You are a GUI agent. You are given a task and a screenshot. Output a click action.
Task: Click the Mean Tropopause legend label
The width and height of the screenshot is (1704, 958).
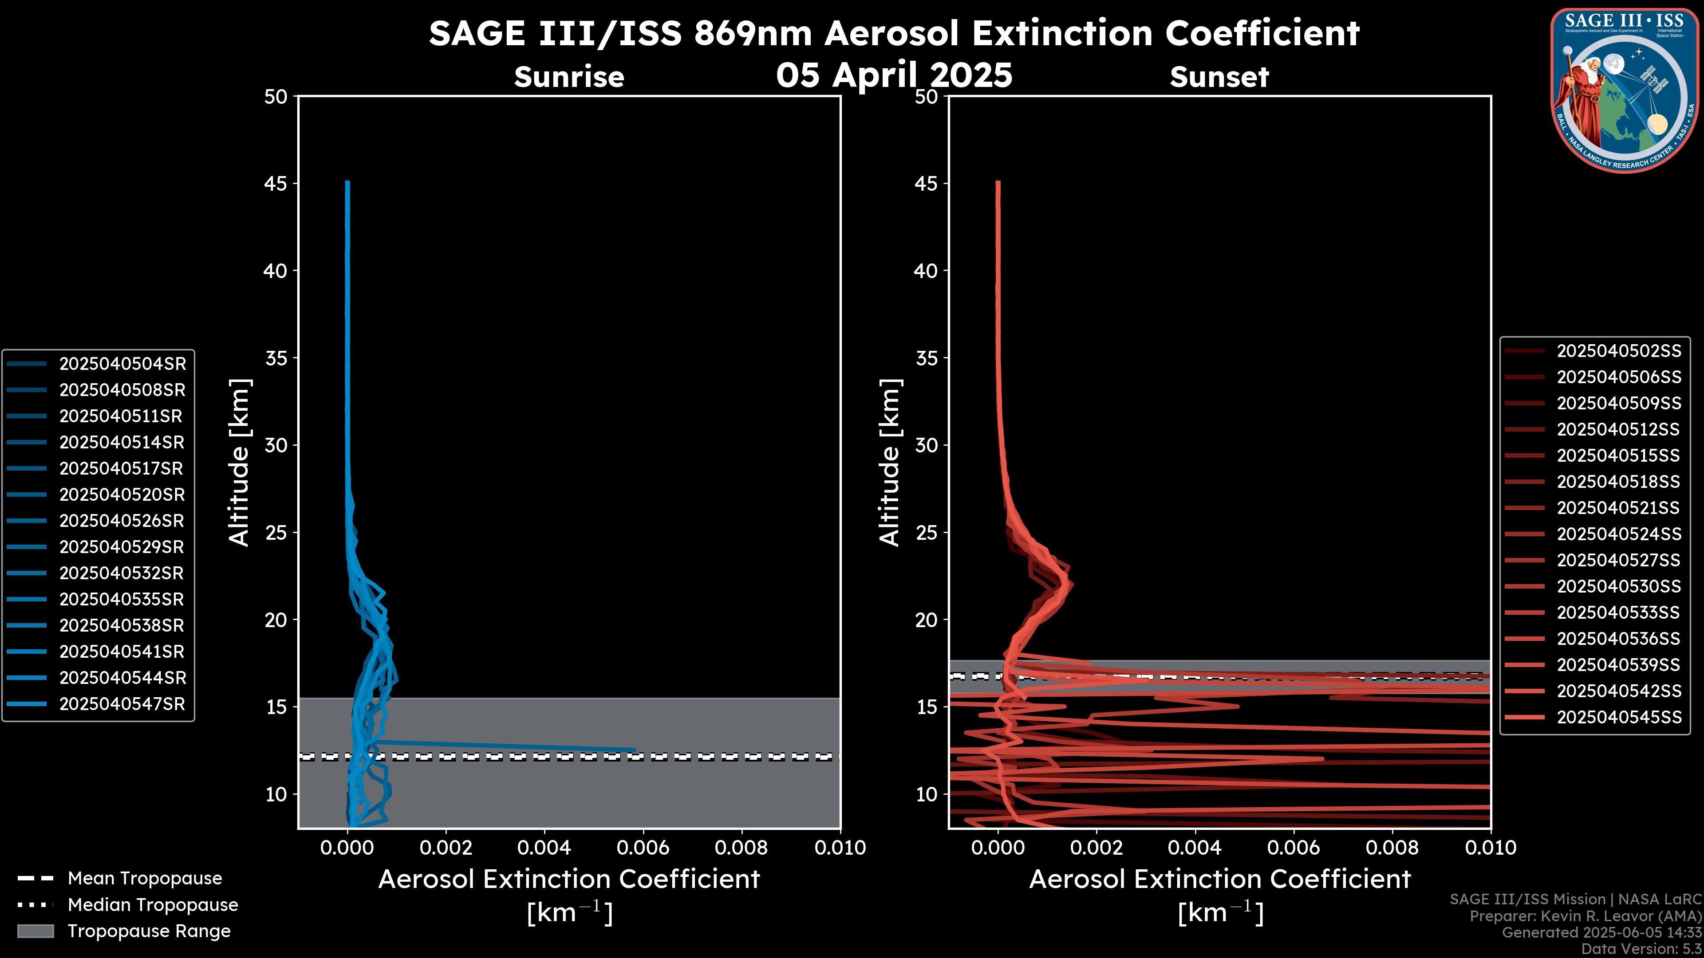coord(145,878)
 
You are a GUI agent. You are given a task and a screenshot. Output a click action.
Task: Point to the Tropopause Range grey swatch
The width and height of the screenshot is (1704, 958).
coord(35,931)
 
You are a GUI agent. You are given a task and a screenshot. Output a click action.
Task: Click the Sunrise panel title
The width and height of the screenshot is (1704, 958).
coord(569,77)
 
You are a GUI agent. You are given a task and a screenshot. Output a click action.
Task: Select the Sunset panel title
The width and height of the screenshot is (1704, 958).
coord(1219,77)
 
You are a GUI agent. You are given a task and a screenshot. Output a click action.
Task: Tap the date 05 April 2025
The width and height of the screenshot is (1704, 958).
coord(894,74)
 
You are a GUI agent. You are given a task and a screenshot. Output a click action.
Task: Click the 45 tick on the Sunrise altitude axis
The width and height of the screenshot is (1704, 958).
coord(276,183)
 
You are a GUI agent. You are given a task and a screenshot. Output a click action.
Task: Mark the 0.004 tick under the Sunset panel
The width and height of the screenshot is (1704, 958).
coord(1195,848)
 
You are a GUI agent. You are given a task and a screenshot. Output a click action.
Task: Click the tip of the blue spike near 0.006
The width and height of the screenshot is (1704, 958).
coord(635,750)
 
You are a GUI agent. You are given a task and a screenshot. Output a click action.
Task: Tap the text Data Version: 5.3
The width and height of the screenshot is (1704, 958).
coord(1641,949)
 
